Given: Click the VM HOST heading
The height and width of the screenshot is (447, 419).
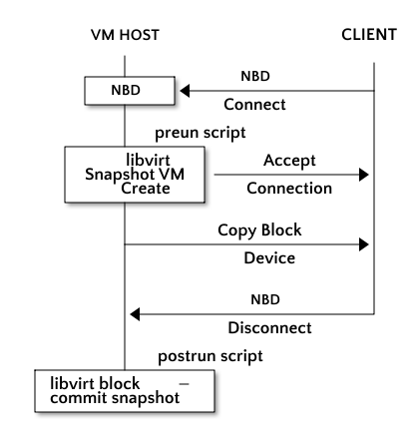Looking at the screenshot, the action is coord(125,35).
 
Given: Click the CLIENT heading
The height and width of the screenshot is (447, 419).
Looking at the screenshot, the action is coord(369,35).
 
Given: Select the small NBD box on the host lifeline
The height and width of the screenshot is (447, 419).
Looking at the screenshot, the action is coord(130,91).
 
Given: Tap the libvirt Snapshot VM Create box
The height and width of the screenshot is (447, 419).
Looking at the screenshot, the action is coord(135,175).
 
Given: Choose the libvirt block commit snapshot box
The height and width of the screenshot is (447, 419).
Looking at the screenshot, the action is coord(125,391).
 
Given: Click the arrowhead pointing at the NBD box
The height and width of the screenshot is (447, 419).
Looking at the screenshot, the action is coord(185,91).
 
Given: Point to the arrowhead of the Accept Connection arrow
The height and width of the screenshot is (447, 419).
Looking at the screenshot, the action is coord(364,175).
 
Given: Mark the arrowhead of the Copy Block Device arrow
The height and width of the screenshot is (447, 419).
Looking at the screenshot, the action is coord(364,244).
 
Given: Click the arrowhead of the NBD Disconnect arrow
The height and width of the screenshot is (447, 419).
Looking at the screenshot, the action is coord(135,314).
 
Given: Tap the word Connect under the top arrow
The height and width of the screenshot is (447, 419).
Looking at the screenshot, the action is coord(254,105).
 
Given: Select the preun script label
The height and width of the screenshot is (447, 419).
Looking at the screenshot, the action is coord(201,133).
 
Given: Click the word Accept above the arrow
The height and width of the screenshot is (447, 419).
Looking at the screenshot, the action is coord(289,161).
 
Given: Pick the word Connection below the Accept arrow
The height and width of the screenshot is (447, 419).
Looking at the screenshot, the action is coord(289,189).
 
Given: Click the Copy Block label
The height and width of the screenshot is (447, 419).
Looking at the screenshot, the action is coord(259,230).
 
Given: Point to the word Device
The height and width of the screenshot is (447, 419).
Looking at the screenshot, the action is coord(269,258).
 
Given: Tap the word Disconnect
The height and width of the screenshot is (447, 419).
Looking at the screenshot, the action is coord(269,328).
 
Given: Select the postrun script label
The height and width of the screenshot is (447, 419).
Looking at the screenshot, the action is coord(210,356).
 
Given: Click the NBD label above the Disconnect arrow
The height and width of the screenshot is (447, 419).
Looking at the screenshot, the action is coord(265,299).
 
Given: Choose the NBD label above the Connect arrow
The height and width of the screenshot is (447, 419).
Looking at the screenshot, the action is coord(255,76).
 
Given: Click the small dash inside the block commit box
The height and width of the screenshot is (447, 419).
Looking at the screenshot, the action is coord(184,384).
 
